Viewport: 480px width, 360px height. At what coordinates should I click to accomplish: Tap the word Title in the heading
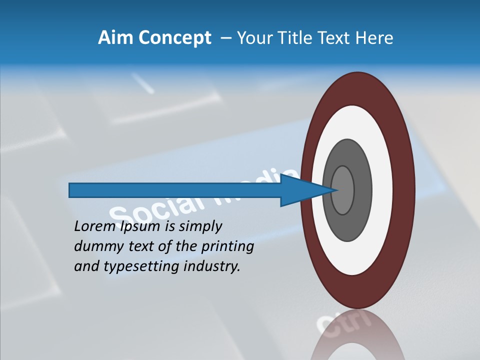(x=302, y=38)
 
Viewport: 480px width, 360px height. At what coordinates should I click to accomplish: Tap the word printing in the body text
(x=227, y=247)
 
